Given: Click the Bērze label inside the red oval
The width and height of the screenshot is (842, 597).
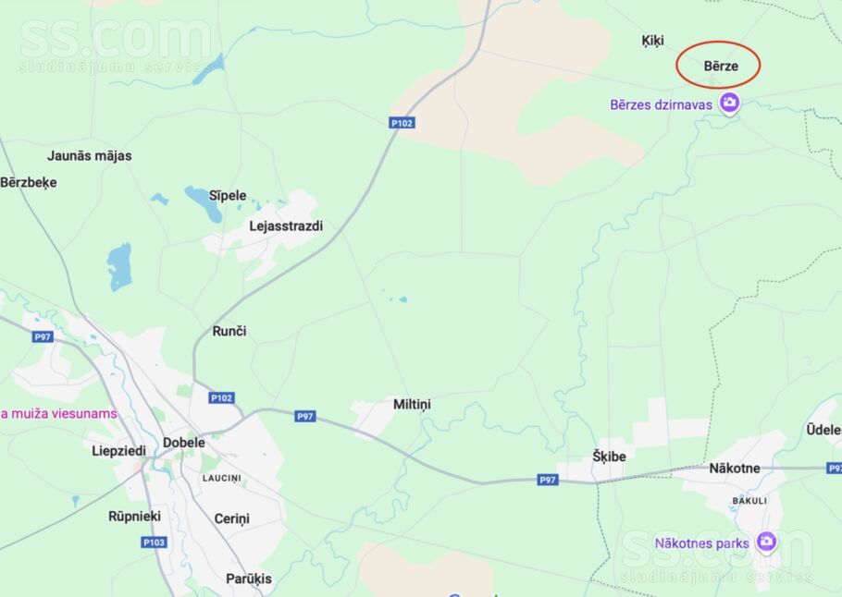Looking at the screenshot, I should tap(721, 66).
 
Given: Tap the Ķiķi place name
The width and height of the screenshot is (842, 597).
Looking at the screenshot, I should tap(652, 41).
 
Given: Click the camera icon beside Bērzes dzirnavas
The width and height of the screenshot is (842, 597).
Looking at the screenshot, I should tap(729, 104).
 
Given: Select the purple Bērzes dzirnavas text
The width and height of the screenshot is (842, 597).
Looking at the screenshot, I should tap(661, 104).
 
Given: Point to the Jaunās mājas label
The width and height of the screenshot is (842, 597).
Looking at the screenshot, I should tap(90, 155).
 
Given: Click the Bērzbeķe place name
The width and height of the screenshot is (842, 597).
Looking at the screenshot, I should tap(29, 182).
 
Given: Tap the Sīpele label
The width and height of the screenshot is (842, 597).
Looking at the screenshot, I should tap(228, 195).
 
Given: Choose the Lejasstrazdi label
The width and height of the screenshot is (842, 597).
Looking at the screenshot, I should tap(286, 225).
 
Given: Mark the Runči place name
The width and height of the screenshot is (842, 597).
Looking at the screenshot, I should tap(229, 331).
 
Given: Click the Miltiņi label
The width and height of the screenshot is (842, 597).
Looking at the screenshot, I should tap(412, 404).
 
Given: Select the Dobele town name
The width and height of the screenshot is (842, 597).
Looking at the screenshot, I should tap(184, 442).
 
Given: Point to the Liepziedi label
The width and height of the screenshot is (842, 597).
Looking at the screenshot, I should tap(118, 451).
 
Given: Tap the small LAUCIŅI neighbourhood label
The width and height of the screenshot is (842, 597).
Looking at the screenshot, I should tap(222, 478).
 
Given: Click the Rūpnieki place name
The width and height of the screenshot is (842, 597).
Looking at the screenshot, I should tap(135, 516).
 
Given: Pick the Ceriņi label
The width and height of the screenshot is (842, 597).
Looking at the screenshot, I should tap(231, 518).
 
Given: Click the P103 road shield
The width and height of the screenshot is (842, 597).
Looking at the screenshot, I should tap(155, 542).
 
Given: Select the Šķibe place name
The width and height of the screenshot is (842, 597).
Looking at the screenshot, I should tap(609, 456).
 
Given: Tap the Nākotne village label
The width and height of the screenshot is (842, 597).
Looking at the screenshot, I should tap(734, 468).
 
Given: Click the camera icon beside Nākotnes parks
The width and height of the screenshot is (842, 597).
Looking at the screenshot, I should tap(765, 542).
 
